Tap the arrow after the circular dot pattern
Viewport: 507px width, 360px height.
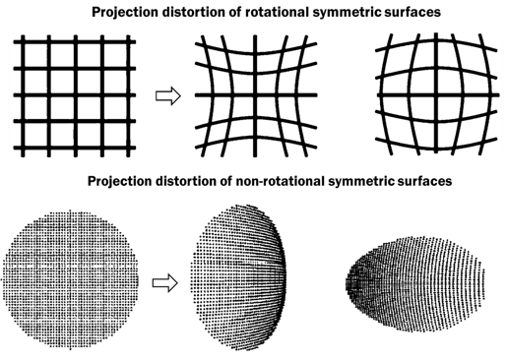164,282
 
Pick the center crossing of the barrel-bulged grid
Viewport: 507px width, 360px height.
424,95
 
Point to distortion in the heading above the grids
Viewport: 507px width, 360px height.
219,13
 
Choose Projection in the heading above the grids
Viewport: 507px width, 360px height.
153,13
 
